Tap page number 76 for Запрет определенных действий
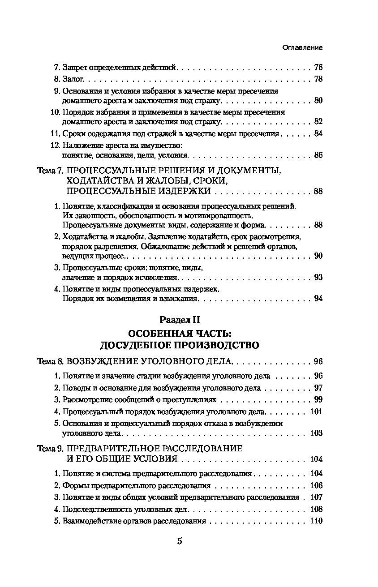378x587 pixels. (318, 68)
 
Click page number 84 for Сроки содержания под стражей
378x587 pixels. (318, 133)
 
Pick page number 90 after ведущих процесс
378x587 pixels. (318, 256)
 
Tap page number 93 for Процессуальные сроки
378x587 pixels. (318, 278)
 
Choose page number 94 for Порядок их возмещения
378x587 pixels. (318, 299)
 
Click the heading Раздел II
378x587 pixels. (180, 320)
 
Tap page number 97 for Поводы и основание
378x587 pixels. (318, 388)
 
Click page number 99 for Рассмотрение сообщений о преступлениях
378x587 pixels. (318, 400)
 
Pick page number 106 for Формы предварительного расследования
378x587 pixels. (316, 485)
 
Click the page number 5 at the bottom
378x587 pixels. (180, 541)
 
